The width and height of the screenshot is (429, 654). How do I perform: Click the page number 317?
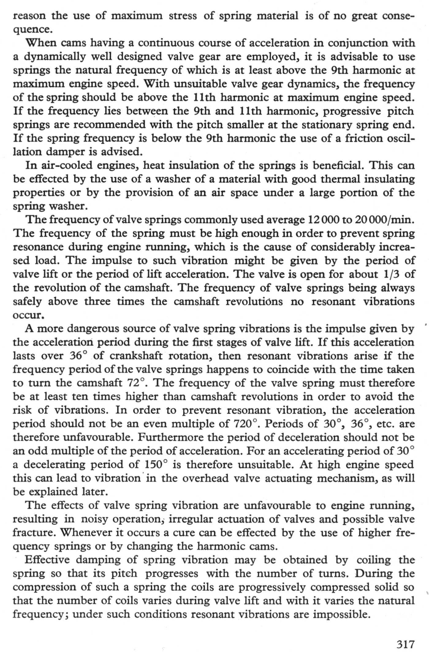(x=405, y=644)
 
